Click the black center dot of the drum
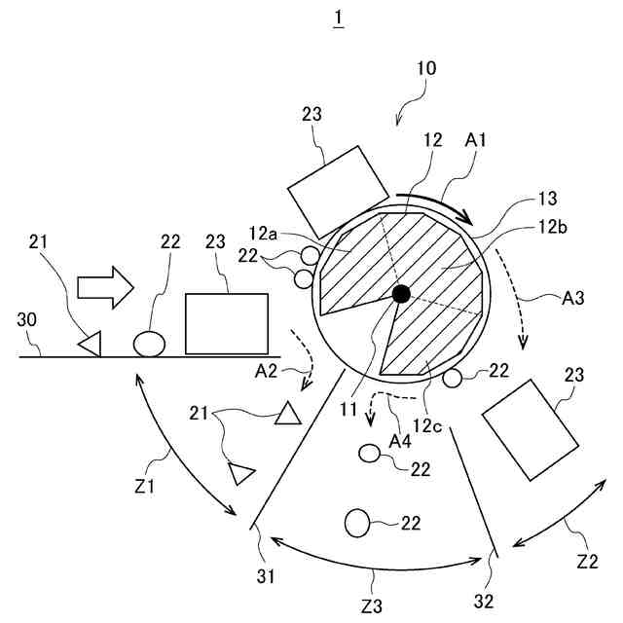tap(400, 293)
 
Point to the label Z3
tap(372, 606)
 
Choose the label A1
tap(476, 140)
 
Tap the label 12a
tap(264, 234)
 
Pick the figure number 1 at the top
tap(338, 19)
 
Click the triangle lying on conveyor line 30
tap(91, 343)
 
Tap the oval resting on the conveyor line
tap(148, 344)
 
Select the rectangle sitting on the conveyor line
tap(226, 323)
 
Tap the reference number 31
tap(265, 575)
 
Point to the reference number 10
tap(425, 69)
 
